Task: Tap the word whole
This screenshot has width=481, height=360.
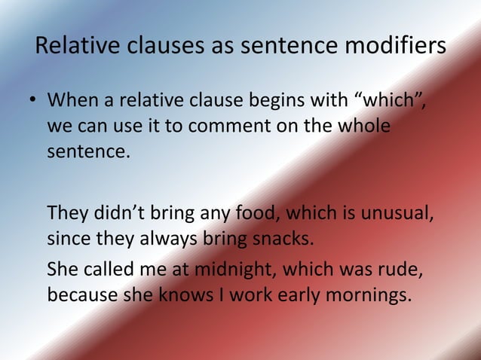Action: [x=358, y=126]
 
